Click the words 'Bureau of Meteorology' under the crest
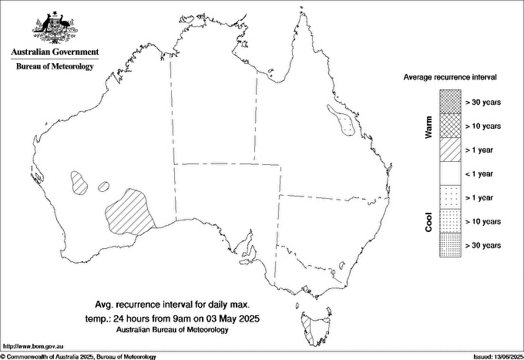55,67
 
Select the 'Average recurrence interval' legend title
451,78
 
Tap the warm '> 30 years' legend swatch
450,101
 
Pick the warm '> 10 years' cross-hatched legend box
450,125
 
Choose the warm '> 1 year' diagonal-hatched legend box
450,149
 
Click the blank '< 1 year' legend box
450,173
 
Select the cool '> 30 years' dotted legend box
450,245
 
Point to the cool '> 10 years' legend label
483,221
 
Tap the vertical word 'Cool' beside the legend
428,222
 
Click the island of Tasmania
313,328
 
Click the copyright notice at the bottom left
78,356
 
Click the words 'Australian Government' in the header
55,52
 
